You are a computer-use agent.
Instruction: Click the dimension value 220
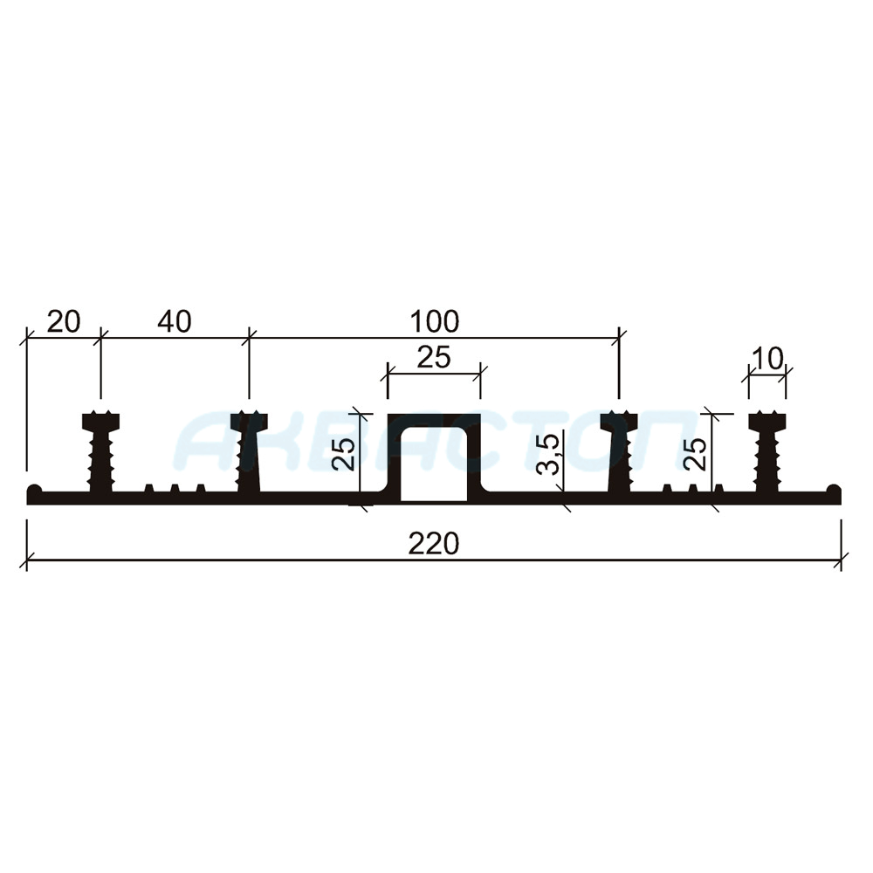point(434,543)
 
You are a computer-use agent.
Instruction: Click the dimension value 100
point(434,322)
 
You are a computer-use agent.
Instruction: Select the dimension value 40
point(175,322)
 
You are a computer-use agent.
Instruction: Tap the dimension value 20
point(64,322)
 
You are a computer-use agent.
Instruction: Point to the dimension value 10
point(767,359)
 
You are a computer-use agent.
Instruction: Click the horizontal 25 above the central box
point(434,357)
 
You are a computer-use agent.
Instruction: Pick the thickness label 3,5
point(548,454)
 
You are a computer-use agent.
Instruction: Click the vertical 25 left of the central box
point(343,453)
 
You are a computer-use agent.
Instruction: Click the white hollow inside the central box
point(434,464)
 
